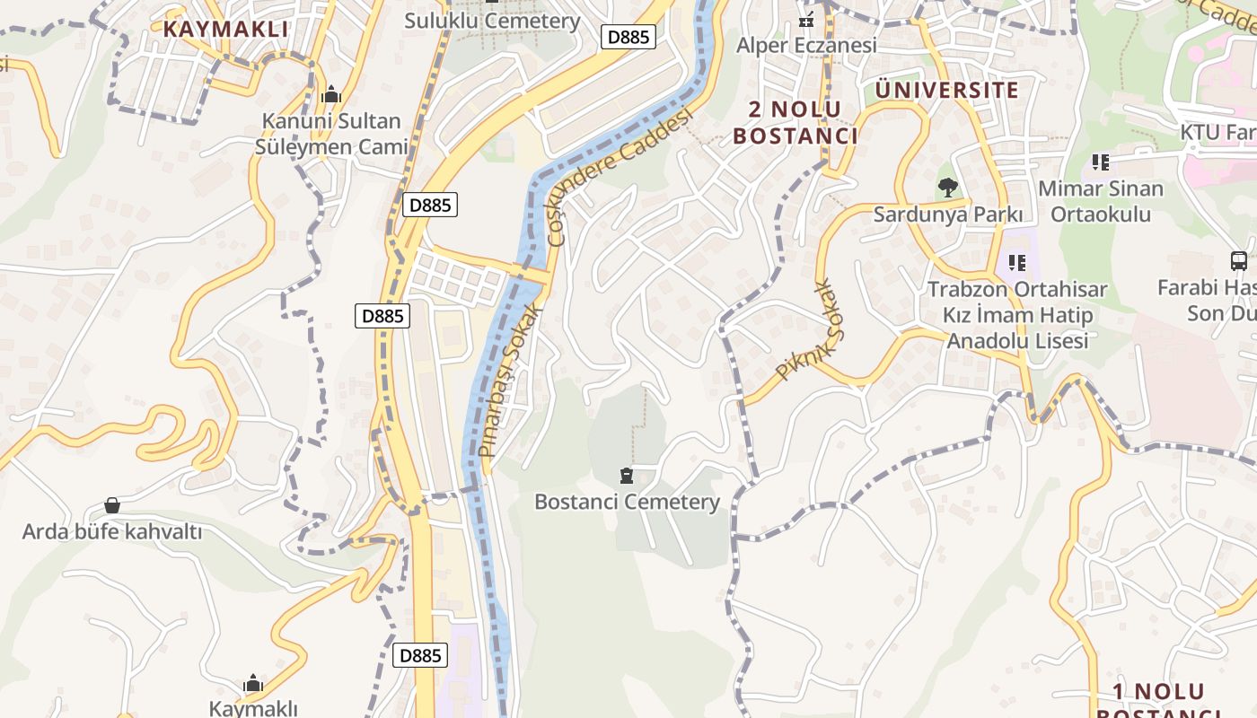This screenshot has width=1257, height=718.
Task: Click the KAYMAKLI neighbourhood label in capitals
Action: click(225, 29)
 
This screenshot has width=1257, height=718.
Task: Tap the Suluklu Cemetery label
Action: click(492, 21)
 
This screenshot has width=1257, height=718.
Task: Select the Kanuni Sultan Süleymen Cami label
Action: click(331, 133)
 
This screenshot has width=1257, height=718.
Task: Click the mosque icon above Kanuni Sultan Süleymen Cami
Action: click(331, 93)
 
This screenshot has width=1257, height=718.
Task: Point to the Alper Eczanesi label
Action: click(806, 45)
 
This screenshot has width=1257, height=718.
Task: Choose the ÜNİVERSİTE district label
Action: click(947, 90)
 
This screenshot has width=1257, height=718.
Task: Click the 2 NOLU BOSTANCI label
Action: click(796, 123)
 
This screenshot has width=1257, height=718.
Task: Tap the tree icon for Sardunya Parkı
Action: click(947, 188)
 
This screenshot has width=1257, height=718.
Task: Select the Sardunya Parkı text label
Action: click(948, 215)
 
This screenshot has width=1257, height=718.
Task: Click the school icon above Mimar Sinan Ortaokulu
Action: click(1101, 162)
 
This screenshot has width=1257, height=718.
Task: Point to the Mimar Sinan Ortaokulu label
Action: click(1101, 201)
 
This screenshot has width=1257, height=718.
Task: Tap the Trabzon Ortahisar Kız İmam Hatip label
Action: click(1017, 315)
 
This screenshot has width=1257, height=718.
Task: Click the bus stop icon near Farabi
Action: click(1238, 261)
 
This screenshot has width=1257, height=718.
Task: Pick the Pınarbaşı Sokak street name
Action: click(511, 381)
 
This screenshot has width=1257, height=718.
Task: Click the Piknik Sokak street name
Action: click(811, 331)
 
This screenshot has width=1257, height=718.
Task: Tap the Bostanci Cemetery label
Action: click(627, 502)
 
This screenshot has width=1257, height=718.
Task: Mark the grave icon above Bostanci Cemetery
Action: click(627, 475)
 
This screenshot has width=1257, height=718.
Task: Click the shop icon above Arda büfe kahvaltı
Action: click(112, 505)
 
